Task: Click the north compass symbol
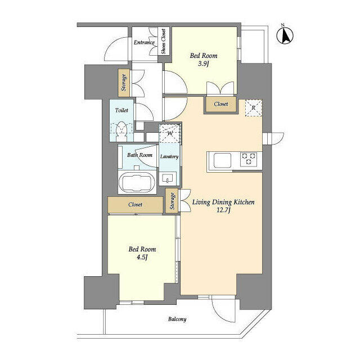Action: [x=286, y=35]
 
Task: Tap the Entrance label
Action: [x=144, y=42]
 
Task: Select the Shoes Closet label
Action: [x=164, y=42]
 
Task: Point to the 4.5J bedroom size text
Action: [x=142, y=258]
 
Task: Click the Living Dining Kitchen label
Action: [x=224, y=201]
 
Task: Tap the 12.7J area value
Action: [x=224, y=211]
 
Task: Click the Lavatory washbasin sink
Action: [x=168, y=179]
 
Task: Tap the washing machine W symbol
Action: [x=169, y=133]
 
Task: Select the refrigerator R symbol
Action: [x=253, y=107]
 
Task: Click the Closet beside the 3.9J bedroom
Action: [x=220, y=104]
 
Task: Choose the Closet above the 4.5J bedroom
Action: [x=135, y=205]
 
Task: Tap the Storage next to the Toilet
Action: [x=124, y=83]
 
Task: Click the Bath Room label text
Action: [x=139, y=155]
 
